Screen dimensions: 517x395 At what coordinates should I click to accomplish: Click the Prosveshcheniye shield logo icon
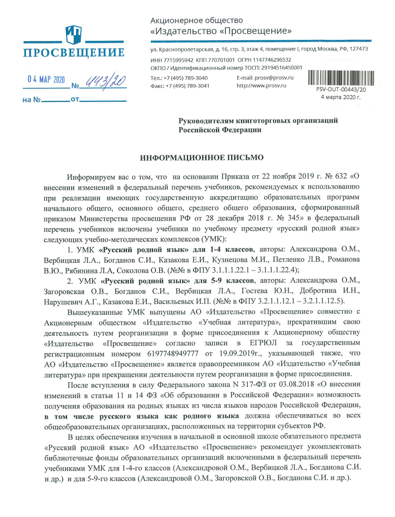coord(74,35)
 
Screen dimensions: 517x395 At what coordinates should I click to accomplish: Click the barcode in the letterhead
coord(341,78)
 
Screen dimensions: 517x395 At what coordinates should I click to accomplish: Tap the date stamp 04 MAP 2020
coord(46,79)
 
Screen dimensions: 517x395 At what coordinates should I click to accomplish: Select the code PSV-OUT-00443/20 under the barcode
coord(341,90)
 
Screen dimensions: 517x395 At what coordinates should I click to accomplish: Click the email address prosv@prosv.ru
coord(274,78)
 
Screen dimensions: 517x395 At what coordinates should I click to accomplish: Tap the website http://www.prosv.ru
coord(261,86)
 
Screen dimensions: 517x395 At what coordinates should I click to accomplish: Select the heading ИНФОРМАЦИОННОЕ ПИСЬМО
coord(201,158)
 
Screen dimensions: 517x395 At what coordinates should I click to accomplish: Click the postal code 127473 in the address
coord(358,49)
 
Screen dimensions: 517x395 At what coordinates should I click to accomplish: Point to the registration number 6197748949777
coord(173,354)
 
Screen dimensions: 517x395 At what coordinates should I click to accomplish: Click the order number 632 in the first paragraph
coord(341,176)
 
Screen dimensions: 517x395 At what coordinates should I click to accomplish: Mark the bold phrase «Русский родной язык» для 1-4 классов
coord(176,249)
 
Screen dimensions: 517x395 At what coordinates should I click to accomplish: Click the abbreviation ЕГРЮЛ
coord(263,343)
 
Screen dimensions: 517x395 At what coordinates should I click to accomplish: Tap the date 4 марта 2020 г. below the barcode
coord(340,97)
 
